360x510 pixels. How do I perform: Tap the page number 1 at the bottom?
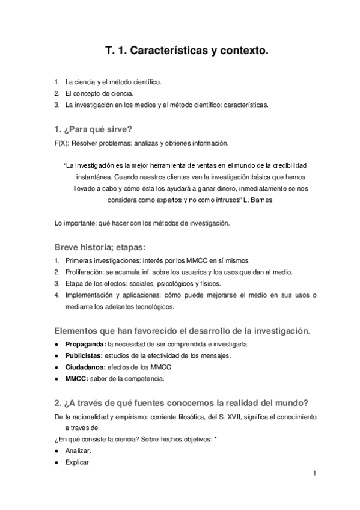tap(314, 474)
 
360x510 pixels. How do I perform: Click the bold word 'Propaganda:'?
tap(85, 344)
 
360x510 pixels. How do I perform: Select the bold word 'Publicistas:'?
tap(85, 355)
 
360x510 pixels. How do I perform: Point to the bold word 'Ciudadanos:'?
tap(85, 367)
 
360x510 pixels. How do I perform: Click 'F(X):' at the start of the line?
tap(61, 143)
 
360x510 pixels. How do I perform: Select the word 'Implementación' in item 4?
tap(88, 295)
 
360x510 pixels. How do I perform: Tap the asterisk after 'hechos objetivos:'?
tap(216, 440)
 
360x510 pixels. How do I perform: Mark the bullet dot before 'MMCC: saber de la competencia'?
tap(56, 379)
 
